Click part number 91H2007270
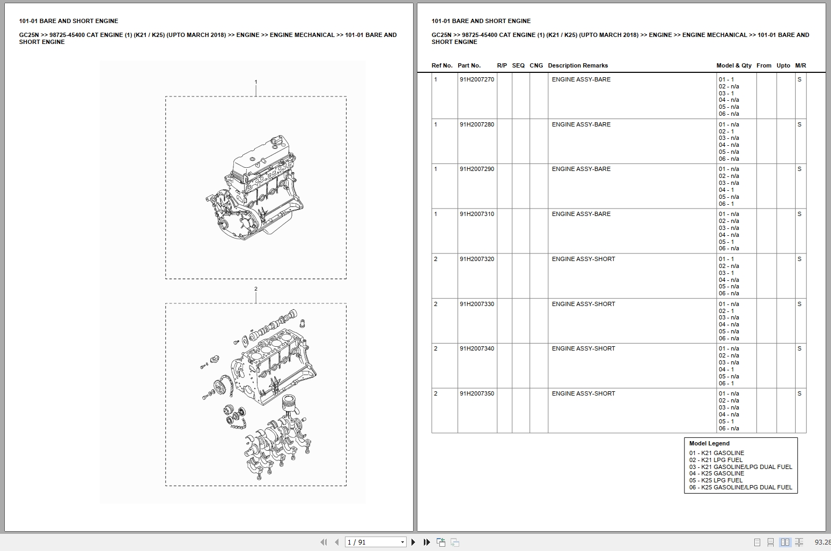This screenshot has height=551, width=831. coord(476,79)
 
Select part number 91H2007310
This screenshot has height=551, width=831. coord(476,214)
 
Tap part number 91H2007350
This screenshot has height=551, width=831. coord(476,393)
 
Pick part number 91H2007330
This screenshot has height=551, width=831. coord(476,304)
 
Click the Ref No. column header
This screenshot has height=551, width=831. coord(442,65)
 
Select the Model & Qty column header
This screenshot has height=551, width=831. coord(733,65)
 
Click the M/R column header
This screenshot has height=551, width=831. coord(800,65)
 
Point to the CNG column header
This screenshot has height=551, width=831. coord(536,65)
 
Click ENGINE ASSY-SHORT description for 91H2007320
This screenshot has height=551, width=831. coord(583,259)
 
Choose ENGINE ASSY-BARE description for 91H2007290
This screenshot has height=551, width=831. coord(581,169)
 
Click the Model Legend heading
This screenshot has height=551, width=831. coord(709,443)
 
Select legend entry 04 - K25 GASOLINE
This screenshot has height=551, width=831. coord(716,473)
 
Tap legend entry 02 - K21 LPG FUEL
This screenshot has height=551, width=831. coord(716,460)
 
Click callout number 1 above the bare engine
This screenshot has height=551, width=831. coord(256,82)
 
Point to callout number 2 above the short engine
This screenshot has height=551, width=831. coord(256,289)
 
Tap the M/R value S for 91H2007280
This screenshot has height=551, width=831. coord(799,124)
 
